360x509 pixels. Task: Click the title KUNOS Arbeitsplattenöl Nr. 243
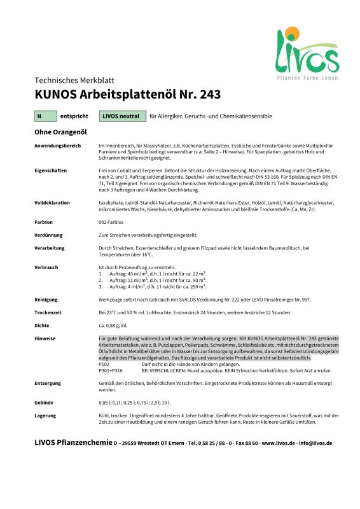pyautogui.click(x=127, y=95)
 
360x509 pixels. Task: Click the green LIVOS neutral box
pyautogui.click(x=121, y=116)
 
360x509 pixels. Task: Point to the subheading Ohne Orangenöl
pyautogui.click(x=60, y=132)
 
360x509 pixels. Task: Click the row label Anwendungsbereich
pyautogui.click(x=58, y=146)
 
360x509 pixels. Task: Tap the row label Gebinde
pyautogui.click(x=45, y=403)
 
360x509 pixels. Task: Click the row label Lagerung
pyautogui.click(x=46, y=415)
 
